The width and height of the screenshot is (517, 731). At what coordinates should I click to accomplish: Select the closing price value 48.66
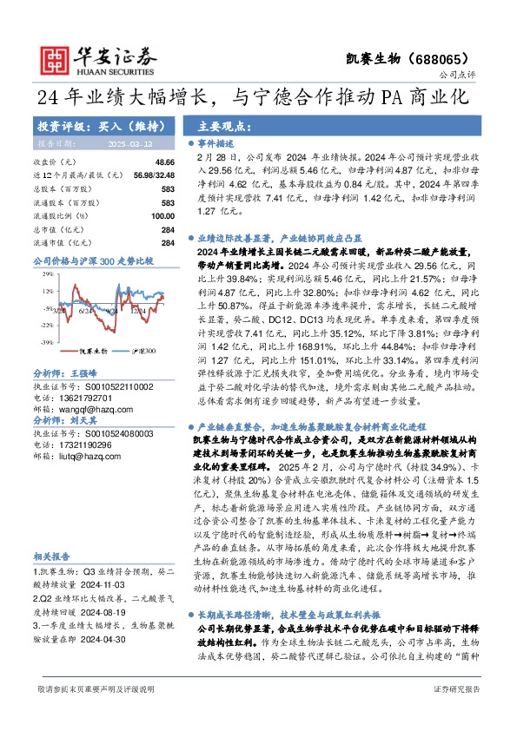pyautogui.click(x=164, y=162)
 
